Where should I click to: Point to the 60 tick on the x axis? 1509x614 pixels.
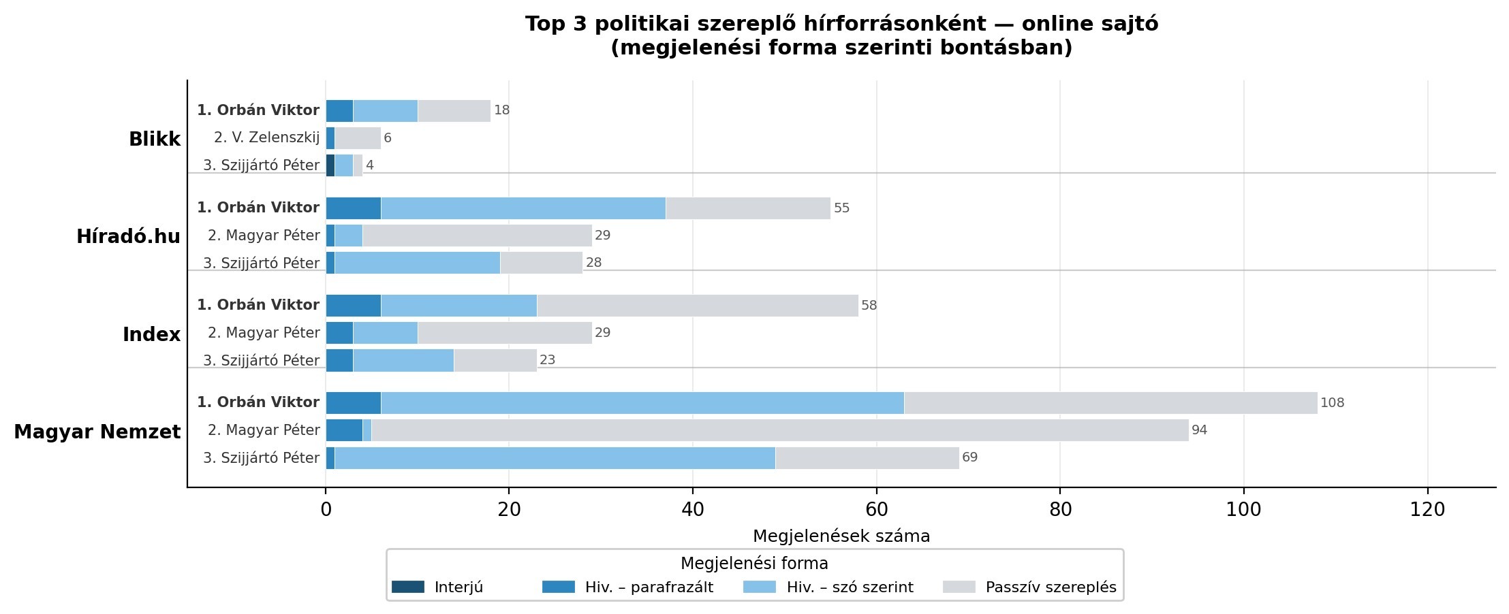coord(877,509)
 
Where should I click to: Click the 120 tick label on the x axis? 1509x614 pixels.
coord(1427,509)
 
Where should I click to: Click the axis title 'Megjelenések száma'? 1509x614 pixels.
coord(841,536)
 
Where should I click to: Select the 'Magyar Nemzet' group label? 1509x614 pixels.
coord(97,432)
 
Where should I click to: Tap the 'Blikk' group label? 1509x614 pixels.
coord(155,140)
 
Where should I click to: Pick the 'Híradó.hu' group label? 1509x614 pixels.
coord(129,237)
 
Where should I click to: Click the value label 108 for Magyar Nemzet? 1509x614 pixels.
coord(1332,403)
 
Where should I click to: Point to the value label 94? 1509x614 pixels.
coord(1199,430)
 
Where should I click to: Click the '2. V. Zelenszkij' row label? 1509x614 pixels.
coord(266,138)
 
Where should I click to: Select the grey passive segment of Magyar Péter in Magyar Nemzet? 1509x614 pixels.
coord(779,430)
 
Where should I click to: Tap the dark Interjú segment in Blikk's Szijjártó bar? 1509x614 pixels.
coord(330,165)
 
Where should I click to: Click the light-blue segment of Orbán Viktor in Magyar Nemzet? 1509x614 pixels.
coord(642,403)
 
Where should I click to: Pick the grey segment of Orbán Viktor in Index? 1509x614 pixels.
coord(697,306)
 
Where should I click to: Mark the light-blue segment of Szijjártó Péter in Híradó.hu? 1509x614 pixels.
coord(417,263)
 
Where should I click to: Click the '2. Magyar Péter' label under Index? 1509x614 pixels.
coord(264,333)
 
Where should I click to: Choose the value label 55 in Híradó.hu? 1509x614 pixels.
coord(841,208)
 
